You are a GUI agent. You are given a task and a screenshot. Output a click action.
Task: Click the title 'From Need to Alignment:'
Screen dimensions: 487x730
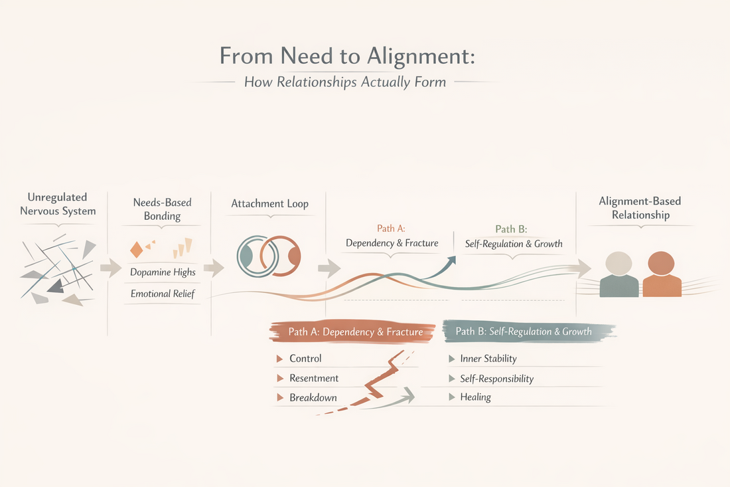click(x=347, y=56)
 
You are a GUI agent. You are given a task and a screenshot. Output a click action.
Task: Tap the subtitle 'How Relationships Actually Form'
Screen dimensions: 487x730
click(x=345, y=82)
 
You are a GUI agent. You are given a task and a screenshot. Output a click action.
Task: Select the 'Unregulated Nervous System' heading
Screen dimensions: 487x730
click(x=58, y=204)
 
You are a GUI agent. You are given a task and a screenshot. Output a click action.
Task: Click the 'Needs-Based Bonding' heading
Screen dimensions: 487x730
click(x=162, y=209)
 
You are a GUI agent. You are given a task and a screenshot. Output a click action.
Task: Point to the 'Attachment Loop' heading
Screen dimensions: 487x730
click(x=269, y=203)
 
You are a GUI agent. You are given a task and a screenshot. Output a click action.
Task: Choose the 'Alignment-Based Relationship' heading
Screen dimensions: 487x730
click(x=640, y=208)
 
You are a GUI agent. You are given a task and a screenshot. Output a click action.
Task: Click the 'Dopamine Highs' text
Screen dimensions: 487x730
click(x=163, y=272)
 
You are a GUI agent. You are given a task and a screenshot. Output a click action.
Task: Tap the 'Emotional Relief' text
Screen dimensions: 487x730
click(x=163, y=293)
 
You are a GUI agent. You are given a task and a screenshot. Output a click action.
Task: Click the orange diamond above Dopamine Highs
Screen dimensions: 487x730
click(x=136, y=249)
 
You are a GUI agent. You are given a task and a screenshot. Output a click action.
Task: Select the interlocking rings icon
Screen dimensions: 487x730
click(x=269, y=255)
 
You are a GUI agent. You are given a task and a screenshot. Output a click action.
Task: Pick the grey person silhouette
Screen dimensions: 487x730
click(x=619, y=274)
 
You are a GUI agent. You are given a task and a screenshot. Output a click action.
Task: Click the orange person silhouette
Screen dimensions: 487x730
click(x=662, y=274)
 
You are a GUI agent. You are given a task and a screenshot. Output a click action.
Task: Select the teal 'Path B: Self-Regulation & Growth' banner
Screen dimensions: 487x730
click(x=524, y=331)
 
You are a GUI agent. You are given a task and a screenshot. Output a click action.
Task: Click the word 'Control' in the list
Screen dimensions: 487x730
click(x=305, y=358)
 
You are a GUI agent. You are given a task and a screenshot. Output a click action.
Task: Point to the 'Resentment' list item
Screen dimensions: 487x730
click(x=314, y=378)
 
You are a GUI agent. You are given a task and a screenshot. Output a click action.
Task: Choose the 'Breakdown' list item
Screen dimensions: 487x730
click(x=313, y=397)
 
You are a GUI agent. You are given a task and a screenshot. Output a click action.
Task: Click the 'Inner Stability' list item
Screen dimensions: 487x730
click(x=488, y=358)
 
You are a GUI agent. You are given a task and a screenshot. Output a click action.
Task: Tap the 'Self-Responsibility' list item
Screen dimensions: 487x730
click(x=496, y=378)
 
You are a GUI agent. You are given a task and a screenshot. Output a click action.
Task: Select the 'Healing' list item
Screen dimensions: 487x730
click(x=475, y=397)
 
